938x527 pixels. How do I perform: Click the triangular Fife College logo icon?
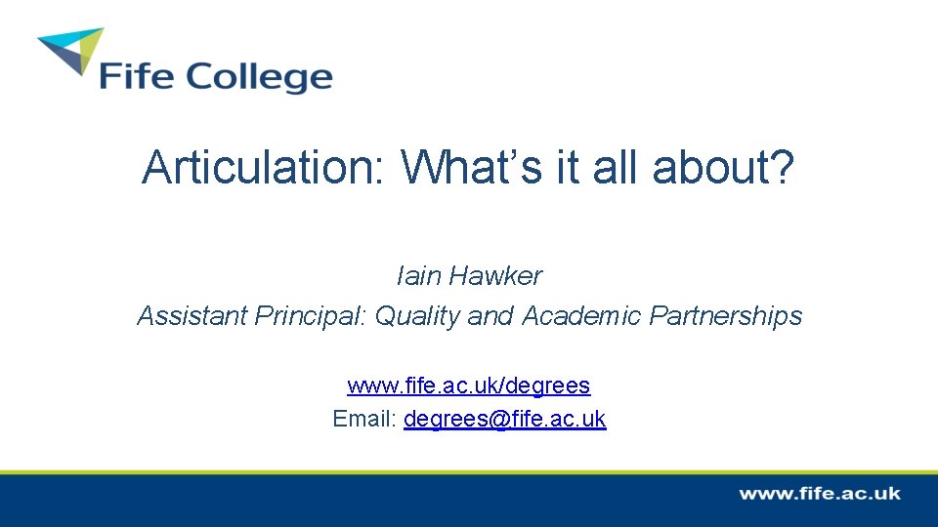pyautogui.click(x=71, y=51)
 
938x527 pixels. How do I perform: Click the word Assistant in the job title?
pyautogui.click(x=192, y=316)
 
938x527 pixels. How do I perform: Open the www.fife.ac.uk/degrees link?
pyautogui.click(x=469, y=385)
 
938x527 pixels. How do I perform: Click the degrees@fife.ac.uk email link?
pyautogui.click(x=504, y=419)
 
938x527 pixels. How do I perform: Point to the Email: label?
pyautogui.click(x=364, y=419)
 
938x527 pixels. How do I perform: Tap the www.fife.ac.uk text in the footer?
pyautogui.click(x=819, y=494)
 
